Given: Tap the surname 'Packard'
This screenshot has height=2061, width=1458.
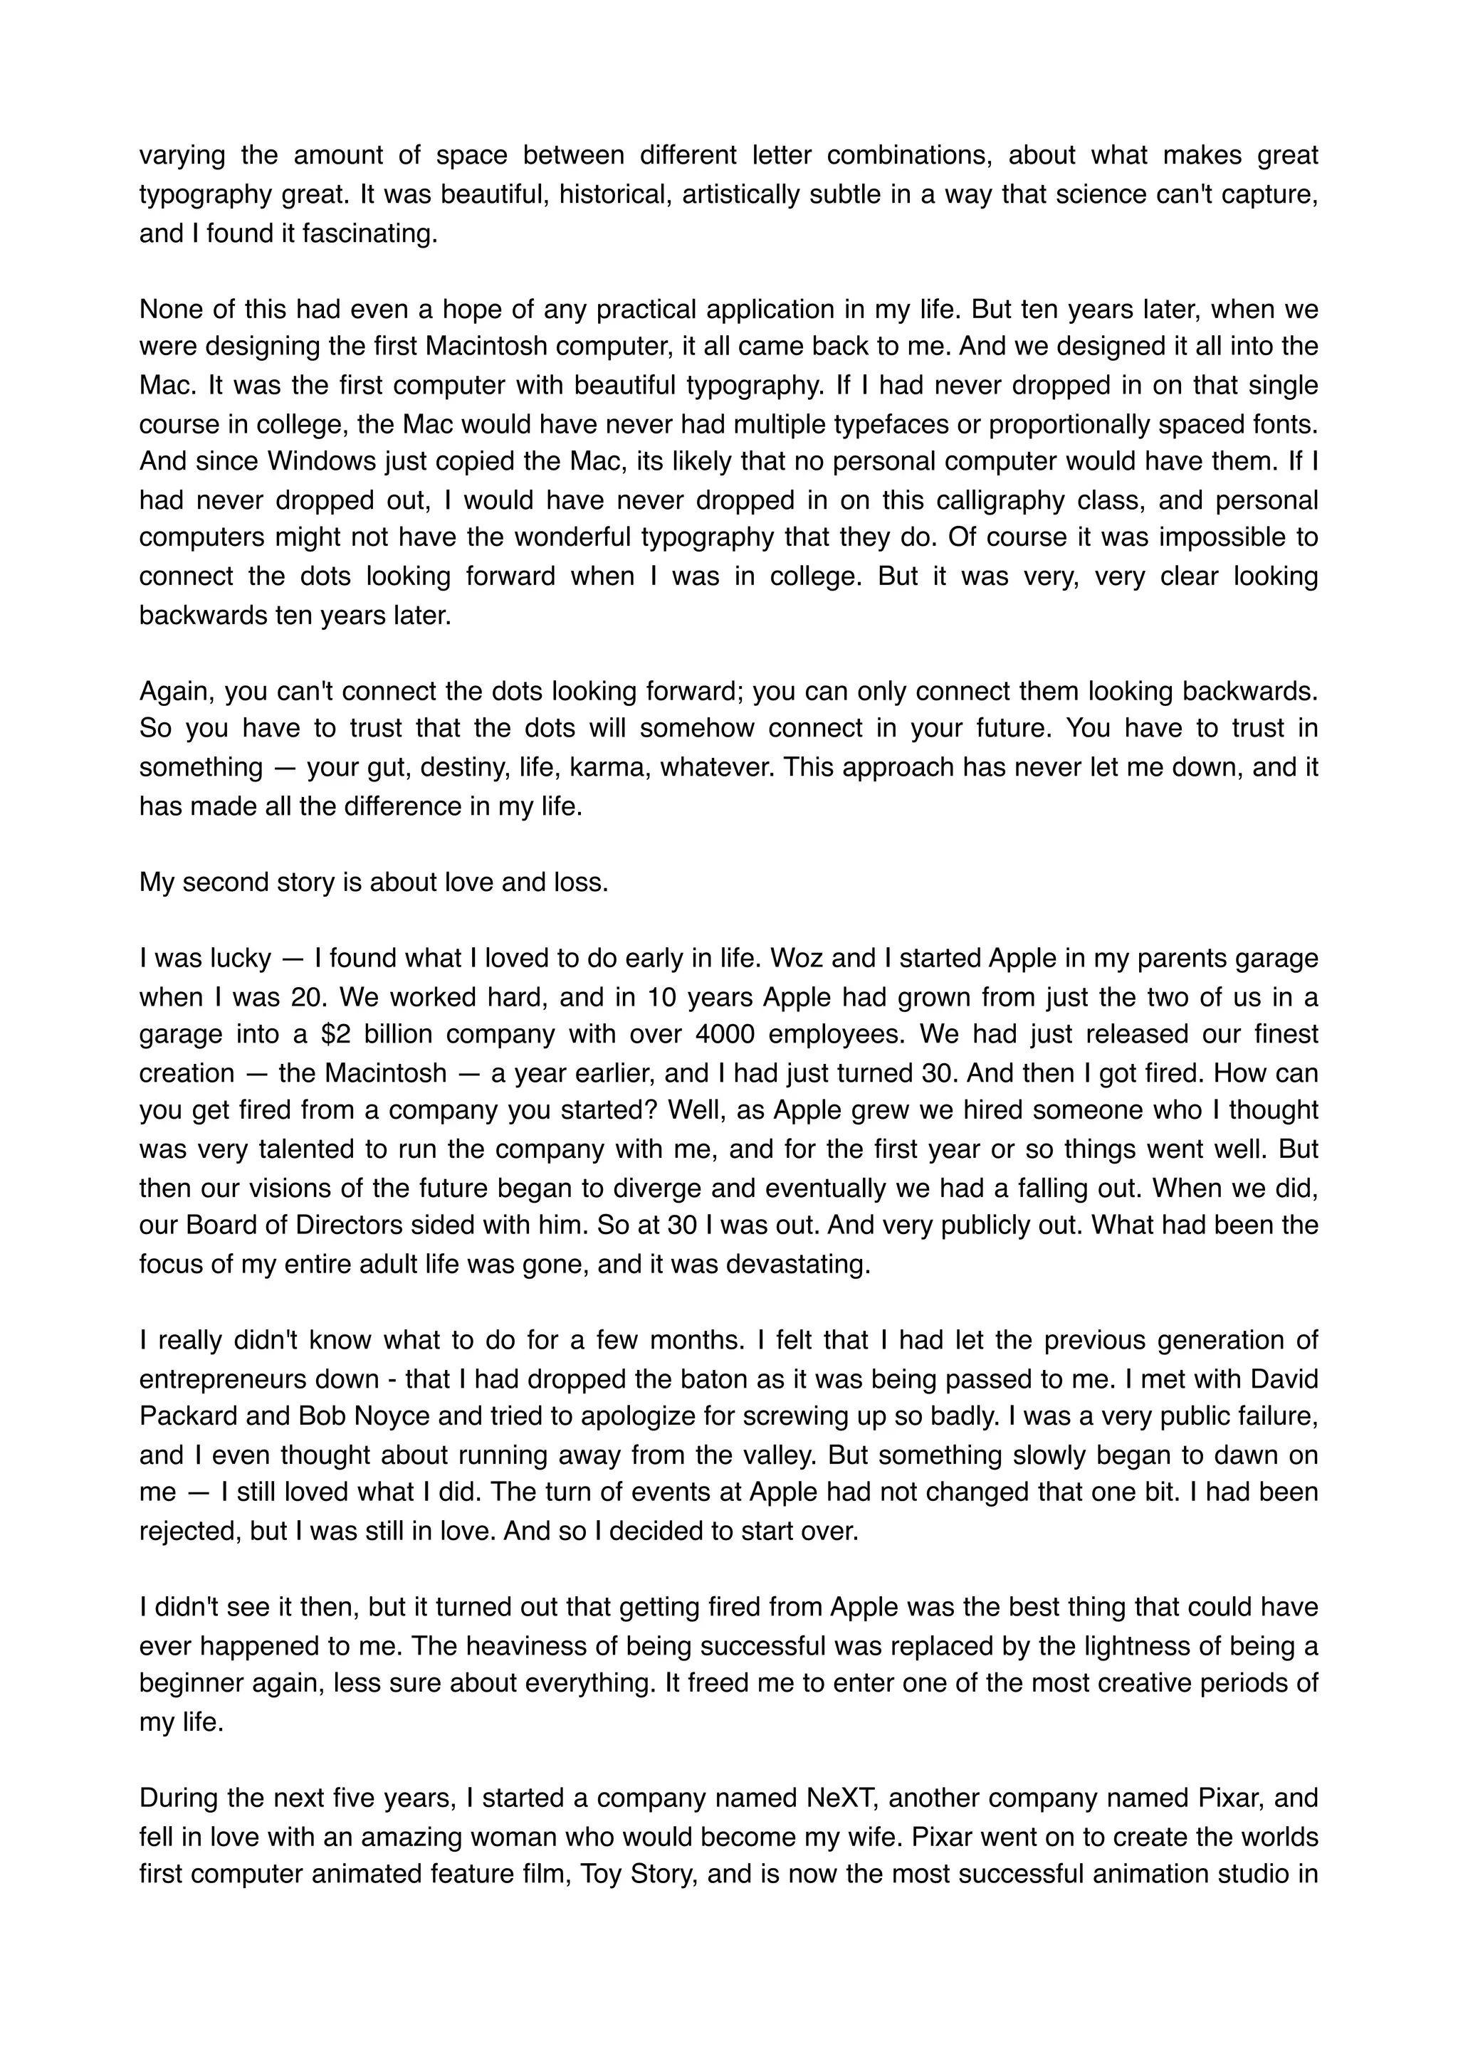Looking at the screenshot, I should click(182, 1416).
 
